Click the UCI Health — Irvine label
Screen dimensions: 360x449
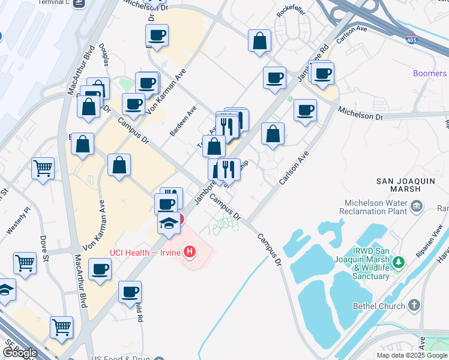[145, 252]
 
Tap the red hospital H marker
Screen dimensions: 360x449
[190, 251]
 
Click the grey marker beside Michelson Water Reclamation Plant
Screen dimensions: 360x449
[417, 207]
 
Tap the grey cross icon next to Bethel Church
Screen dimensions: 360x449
[414, 305]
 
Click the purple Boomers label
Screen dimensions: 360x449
[430, 73]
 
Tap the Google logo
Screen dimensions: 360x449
[19, 353]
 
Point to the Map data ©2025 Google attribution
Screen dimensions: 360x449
[412, 355]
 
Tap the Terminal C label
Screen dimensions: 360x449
[54, 2]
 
